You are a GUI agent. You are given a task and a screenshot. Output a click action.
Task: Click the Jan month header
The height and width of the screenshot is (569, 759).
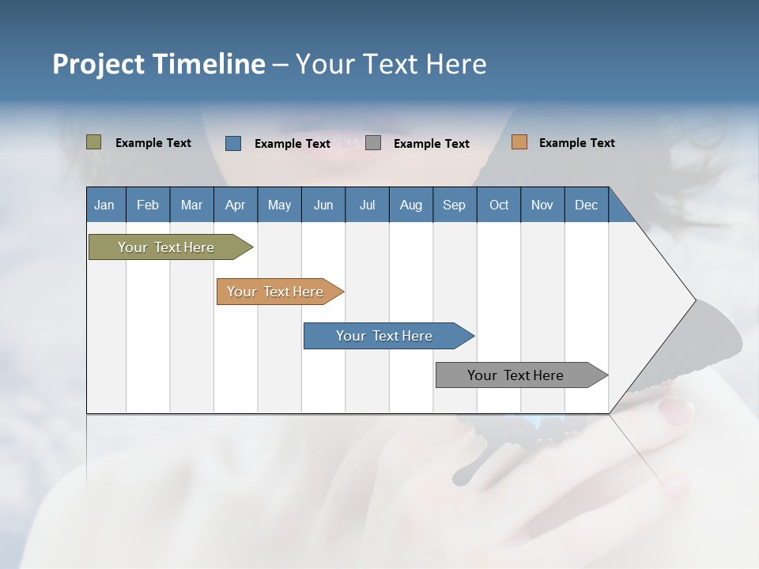point(105,205)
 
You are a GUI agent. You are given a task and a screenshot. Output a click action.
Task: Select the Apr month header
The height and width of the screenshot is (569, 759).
point(236,205)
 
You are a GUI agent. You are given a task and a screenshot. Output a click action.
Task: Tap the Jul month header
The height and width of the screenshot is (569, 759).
point(367,205)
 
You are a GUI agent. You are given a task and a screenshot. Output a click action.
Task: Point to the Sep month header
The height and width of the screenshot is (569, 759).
point(454,205)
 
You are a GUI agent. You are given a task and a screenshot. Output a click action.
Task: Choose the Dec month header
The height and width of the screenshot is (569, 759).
point(586,205)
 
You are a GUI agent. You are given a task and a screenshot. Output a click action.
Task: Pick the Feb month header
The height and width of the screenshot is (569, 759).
point(148,205)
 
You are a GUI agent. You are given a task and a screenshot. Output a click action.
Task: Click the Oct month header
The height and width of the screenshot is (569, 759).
point(499,205)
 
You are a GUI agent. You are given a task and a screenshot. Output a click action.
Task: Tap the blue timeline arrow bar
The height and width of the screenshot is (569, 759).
point(385,336)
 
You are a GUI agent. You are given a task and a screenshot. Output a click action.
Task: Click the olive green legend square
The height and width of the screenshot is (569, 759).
point(94,142)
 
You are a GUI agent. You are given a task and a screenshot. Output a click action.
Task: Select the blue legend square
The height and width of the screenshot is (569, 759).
point(233,143)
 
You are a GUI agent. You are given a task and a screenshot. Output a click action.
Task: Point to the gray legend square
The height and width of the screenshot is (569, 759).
point(373,143)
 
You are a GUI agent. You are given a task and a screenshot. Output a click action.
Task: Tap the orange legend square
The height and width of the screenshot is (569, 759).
point(519,142)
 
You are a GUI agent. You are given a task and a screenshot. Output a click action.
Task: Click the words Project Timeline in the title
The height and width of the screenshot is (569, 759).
point(159,64)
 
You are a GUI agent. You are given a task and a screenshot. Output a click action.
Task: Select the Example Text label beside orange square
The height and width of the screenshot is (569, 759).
point(576,143)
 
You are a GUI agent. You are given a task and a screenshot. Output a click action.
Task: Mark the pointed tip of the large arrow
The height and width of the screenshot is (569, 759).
point(694,300)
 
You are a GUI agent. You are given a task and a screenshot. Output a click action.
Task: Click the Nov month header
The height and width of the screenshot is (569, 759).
point(542,205)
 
